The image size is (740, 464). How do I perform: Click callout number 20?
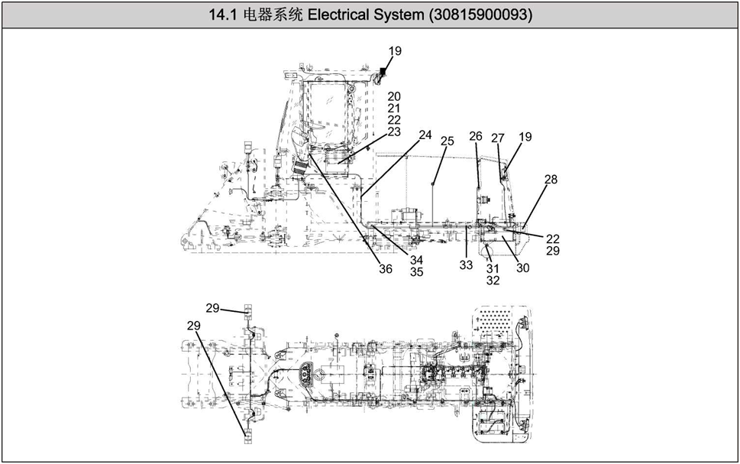click(394, 96)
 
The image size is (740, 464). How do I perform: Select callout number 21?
click(394, 109)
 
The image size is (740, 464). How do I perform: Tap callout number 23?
click(394, 131)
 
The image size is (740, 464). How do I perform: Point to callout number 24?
click(425, 135)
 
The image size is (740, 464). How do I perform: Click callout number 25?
click(448, 141)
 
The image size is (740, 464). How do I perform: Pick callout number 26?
click(476, 136)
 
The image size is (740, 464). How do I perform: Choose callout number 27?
click(498, 138)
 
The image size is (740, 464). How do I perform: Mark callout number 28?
click(551, 180)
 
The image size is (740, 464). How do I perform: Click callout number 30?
click(522, 268)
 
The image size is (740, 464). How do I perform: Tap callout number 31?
click(493, 268)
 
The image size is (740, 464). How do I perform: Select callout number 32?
click(493, 281)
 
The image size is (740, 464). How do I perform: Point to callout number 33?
click(466, 264)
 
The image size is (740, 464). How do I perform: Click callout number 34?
click(416, 260)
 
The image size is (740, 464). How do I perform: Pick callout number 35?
click(416, 271)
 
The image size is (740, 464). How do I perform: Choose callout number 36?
click(386, 268)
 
